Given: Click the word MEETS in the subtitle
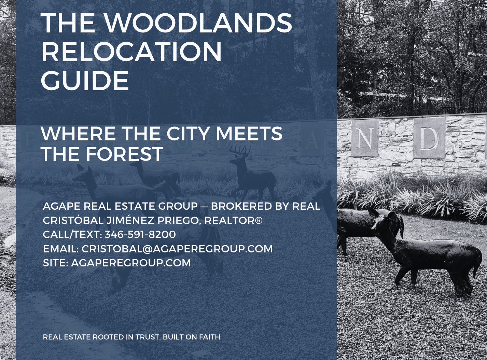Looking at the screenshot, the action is pos(249,134).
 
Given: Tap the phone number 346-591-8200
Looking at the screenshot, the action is pos(140,234).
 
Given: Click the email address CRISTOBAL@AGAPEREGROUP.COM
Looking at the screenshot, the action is pos(177,249).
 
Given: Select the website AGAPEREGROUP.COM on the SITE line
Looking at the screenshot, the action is pos(131,263).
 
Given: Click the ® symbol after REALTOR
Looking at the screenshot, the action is pos(259,220).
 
